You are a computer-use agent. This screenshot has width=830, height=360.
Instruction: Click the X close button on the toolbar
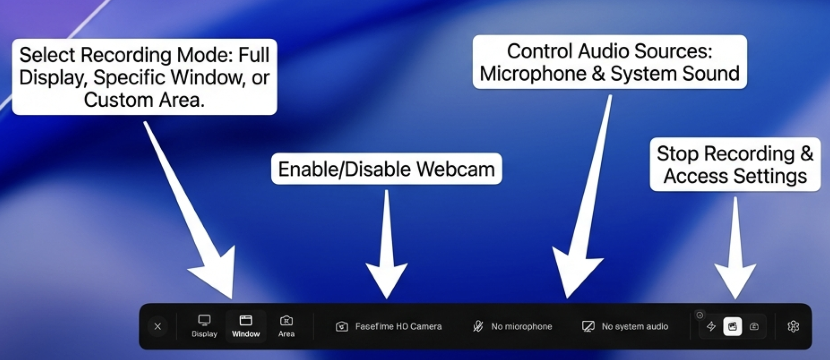click(158, 326)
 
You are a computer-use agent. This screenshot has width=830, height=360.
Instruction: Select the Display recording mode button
click(204, 326)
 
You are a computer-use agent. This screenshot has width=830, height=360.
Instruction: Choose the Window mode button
click(246, 326)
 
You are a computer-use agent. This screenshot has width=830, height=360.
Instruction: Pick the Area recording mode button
click(286, 326)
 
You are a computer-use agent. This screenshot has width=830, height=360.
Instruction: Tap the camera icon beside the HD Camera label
click(342, 326)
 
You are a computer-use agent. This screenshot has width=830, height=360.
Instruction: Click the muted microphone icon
click(478, 326)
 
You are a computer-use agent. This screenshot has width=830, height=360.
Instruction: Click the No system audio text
click(635, 326)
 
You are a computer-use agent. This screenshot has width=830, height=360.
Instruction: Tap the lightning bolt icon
click(711, 326)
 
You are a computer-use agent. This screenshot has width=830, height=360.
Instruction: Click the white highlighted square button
click(732, 326)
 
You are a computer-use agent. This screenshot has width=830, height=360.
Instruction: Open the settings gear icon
click(793, 326)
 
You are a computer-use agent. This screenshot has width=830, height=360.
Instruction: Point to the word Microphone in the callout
click(533, 74)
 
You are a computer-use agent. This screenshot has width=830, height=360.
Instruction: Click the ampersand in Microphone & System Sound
click(598, 74)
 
